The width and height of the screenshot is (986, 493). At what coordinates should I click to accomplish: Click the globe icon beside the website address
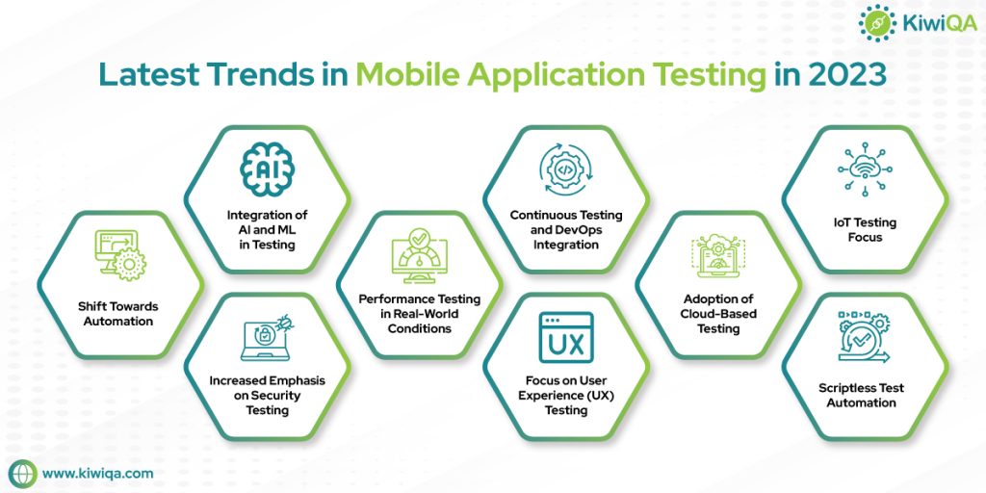pos(22,473)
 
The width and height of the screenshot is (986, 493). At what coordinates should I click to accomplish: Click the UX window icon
pos(565,338)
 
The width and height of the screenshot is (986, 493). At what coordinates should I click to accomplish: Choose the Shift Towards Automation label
pos(117,314)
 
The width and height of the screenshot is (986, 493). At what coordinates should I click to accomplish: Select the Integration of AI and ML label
pos(267,229)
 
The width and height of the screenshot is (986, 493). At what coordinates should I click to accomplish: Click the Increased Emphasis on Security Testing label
pos(267,395)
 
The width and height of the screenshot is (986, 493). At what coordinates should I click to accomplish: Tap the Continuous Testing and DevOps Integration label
pos(565,229)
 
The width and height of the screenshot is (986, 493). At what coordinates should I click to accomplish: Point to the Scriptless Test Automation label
pos(862,395)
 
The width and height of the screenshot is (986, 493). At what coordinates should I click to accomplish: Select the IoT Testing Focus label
pos(862,229)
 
